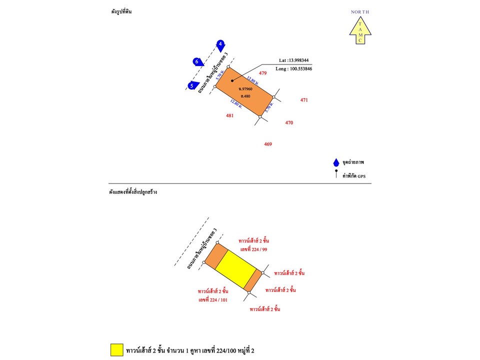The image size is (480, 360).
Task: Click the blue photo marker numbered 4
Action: click(220, 45)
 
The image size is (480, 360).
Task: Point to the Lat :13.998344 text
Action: click(293, 60)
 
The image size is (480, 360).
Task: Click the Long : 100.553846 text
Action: click(294, 68)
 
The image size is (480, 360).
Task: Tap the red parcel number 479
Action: click(262, 73)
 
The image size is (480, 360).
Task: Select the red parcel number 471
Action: click(304, 100)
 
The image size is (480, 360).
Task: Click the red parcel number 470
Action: click(289, 122)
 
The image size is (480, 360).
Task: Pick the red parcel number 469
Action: click(268, 144)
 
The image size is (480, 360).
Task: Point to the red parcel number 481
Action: click(230, 115)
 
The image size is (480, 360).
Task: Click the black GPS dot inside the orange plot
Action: click(232, 80)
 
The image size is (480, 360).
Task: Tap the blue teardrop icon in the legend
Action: click(336, 162)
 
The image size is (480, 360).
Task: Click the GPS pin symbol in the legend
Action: click(336, 175)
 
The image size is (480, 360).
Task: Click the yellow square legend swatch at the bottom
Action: click(117, 350)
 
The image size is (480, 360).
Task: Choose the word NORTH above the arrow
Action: click(360, 11)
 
